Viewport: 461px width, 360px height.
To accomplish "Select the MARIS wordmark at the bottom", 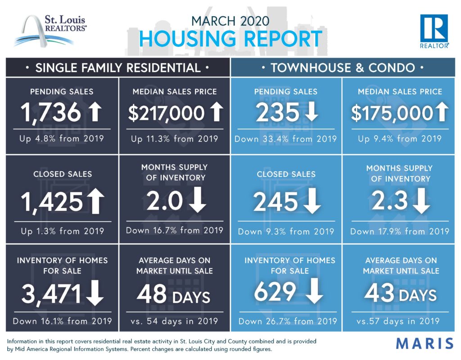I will click(425, 344).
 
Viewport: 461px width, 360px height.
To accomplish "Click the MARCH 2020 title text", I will click(230, 21).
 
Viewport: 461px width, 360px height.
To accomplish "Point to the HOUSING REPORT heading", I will click(230, 39).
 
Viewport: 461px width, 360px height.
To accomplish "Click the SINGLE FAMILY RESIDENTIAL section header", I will click(118, 68).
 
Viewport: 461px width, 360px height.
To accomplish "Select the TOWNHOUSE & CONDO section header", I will click(343, 68).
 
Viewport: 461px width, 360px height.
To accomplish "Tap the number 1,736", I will click(51, 113).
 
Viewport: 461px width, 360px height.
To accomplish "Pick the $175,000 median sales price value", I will click(392, 113).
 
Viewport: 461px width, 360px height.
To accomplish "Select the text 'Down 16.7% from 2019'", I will click(174, 230).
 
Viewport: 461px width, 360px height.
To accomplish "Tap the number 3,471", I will click(51, 294).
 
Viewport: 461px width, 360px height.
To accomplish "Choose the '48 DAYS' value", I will click(173, 295).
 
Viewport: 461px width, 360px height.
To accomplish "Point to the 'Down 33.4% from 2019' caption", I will click(285, 139).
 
